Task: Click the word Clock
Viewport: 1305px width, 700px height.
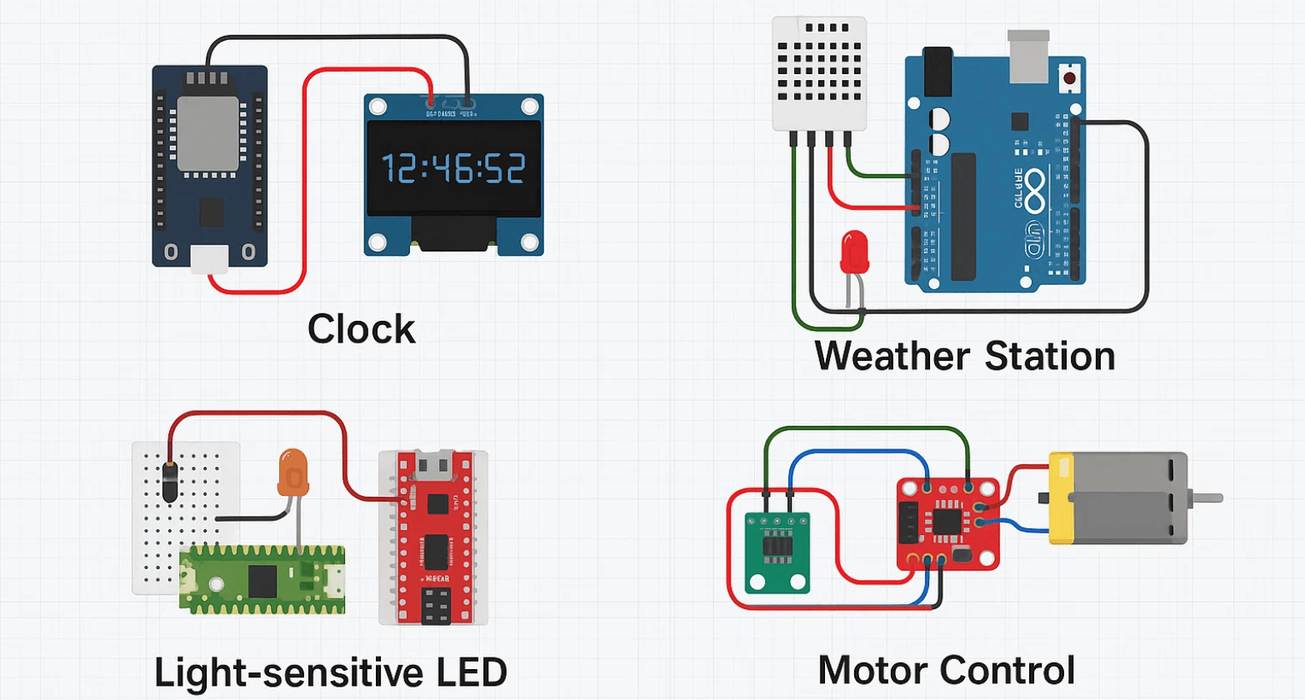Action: tap(361, 329)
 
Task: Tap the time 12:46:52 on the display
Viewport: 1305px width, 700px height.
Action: tap(453, 169)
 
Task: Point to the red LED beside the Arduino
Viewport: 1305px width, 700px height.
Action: tap(854, 252)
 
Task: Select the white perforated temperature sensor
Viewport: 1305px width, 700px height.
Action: tap(819, 73)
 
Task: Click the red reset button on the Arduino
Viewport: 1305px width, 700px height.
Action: tap(1068, 78)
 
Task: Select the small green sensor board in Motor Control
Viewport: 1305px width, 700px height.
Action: tap(777, 552)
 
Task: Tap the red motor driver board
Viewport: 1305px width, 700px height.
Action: tap(947, 523)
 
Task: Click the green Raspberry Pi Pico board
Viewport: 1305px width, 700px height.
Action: tap(262, 579)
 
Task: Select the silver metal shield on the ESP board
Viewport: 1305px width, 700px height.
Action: tap(207, 133)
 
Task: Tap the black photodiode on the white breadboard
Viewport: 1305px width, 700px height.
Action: tap(169, 482)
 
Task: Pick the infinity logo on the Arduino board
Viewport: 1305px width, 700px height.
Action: tap(1034, 191)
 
